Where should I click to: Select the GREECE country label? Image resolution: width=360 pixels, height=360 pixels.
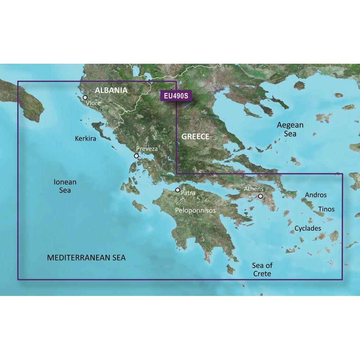[x=195, y=136]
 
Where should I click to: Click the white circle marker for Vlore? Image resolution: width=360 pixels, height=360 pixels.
[x=85, y=97]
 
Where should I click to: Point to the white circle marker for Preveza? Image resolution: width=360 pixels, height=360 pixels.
[x=136, y=156]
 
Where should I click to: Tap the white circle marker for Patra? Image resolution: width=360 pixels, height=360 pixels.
[x=177, y=190]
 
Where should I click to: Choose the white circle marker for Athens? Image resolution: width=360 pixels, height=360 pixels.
[x=260, y=196]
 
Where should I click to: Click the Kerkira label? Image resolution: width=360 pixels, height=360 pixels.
[x=86, y=138]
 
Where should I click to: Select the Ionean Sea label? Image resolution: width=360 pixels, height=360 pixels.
[x=65, y=186]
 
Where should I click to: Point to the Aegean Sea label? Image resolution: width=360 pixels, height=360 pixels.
[x=290, y=129]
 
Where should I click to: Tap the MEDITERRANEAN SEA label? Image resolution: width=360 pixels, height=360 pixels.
[x=86, y=258]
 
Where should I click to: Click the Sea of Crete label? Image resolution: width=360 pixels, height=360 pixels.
[x=262, y=270]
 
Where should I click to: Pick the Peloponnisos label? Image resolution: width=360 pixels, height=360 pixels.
[x=195, y=210]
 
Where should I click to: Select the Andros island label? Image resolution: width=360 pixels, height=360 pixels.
[x=316, y=195]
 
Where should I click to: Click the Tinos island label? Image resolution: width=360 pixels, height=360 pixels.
[x=326, y=209]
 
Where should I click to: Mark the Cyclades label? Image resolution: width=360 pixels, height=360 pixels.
[x=308, y=228]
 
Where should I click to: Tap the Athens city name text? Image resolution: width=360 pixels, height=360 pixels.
[x=254, y=189]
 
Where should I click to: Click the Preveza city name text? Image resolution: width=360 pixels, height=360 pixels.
[x=147, y=149]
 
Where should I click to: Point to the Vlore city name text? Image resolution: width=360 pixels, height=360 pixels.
[x=93, y=103]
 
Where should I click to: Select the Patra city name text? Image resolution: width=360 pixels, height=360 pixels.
[x=188, y=193]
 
